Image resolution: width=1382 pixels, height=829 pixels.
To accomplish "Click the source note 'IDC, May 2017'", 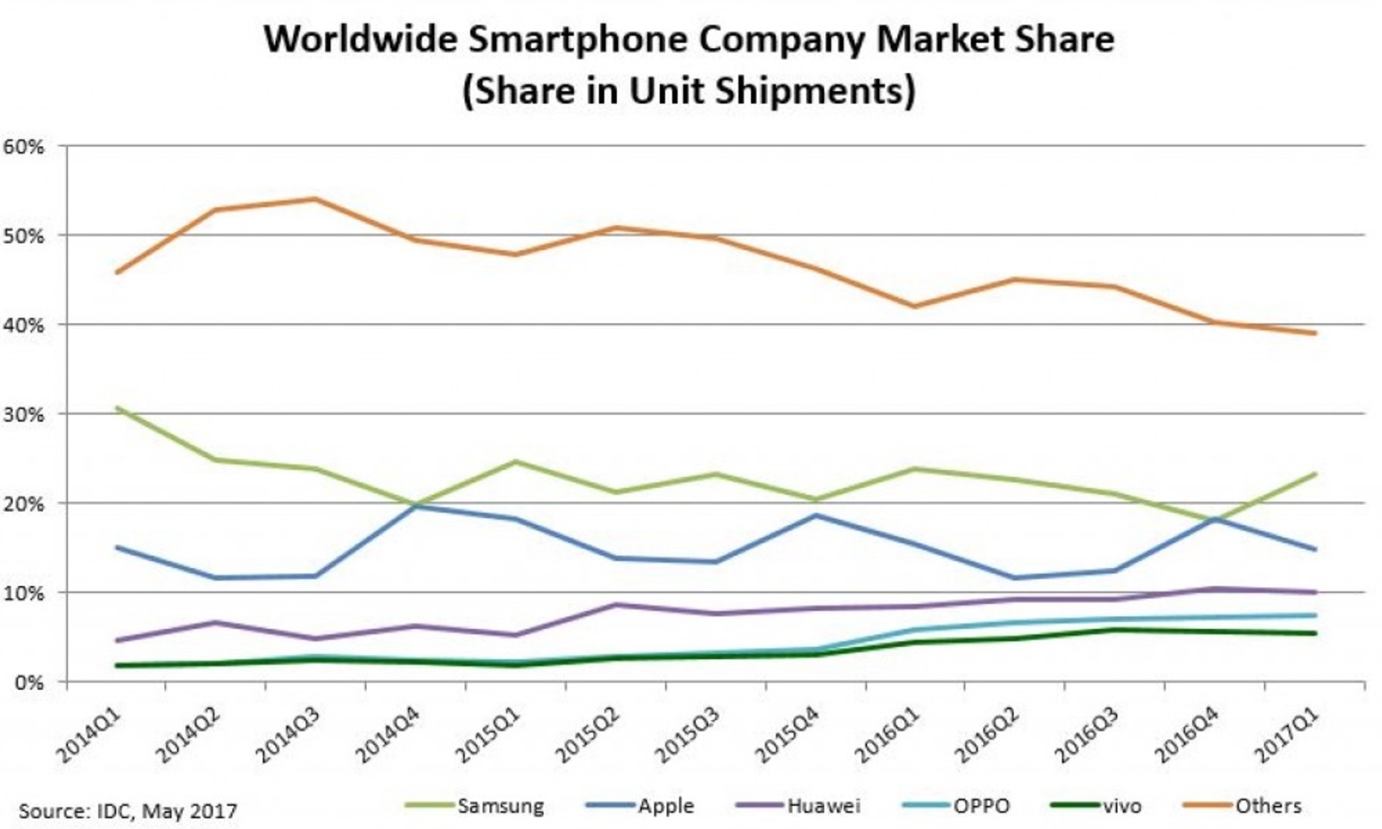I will pos(128,811).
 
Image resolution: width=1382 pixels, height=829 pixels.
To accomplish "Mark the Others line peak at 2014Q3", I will pos(314,198).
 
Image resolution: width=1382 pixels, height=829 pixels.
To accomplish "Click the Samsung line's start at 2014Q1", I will pos(117,408).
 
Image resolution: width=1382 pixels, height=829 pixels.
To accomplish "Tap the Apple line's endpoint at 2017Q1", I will pos(1314,549).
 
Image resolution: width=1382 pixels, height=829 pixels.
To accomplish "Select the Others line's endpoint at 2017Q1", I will pos(1314,333).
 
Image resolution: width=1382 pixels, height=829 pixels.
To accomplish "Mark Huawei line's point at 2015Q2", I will pos(615,605).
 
